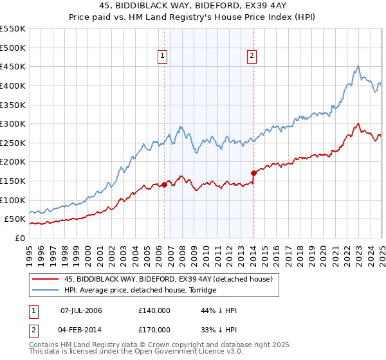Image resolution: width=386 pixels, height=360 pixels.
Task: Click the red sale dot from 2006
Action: [x=164, y=184]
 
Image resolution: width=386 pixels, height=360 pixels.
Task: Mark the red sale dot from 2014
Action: [x=253, y=173]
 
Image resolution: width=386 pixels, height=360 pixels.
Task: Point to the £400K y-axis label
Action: [x=13, y=85]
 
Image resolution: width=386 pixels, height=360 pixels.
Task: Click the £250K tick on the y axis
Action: [x=13, y=143]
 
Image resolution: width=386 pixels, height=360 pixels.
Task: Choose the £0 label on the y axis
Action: [x=21, y=238]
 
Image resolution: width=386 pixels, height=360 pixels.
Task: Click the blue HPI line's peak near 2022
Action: [x=358, y=66]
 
